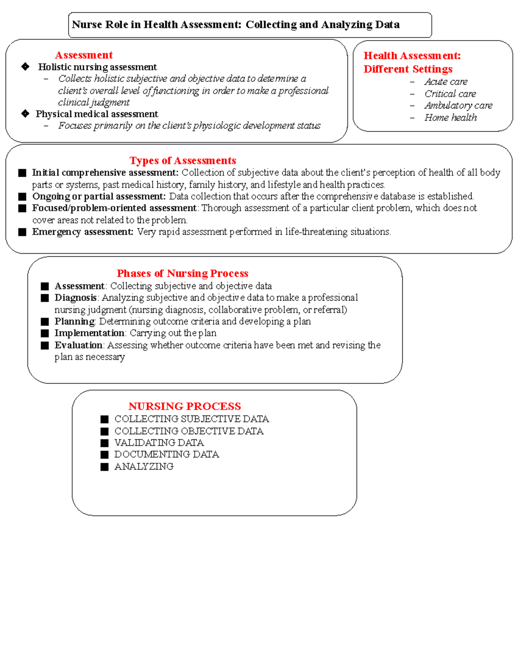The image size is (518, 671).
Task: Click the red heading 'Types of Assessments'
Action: (x=183, y=161)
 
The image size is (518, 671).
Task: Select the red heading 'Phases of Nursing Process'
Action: (x=182, y=273)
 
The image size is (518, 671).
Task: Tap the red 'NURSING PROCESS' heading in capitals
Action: (x=184, y=407)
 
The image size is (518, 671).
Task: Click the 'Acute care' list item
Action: (x=445, y=82)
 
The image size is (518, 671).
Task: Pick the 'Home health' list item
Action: (x=450, y=118)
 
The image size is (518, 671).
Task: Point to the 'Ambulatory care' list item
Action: (x=458, y=105)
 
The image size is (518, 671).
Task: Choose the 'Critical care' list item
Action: (x=450, y=94)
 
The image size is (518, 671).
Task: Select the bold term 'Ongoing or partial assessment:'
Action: (x=99, y=197)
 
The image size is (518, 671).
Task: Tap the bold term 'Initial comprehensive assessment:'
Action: (x=105, y=173)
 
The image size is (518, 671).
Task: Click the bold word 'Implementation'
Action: (x=89, y=333)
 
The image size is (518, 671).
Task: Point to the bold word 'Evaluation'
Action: (x=78, y=345)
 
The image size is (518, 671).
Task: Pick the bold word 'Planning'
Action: (x=74, y=321)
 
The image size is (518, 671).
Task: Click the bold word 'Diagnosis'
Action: (x=76, y=298)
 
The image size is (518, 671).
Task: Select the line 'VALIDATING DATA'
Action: (x=159, y=443)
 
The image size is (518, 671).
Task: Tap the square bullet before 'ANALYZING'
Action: (x=104, y=467)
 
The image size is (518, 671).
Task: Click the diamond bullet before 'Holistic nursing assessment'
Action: (x=25, y=67)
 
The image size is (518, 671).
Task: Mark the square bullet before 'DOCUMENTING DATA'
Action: (x=104, y=455)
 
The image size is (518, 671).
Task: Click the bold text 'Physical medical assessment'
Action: (x=97, y=114)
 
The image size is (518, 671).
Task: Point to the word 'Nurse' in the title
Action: (x=85, y=25)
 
